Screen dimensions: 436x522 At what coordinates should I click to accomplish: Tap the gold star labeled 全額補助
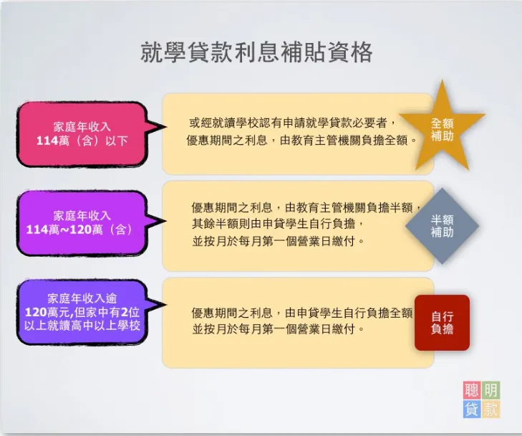[x=441, y=129]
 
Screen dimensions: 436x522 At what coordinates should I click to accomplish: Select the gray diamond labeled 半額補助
[x=441, y=226]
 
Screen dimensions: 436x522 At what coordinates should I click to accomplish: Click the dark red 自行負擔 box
[x=442, y=323]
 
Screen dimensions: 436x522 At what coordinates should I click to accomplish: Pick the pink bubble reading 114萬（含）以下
[x=82, y=134]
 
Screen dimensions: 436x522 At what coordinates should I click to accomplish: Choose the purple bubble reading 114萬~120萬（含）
[x=82, y=223]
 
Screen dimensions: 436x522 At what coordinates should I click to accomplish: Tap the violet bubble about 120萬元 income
[x=82, y=312]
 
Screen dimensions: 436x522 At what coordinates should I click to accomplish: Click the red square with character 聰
[x=472, y=391]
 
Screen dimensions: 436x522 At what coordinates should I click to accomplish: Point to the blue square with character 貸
[x=472, y=409]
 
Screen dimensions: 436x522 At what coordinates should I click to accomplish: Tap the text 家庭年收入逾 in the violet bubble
[x=82, y=298]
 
